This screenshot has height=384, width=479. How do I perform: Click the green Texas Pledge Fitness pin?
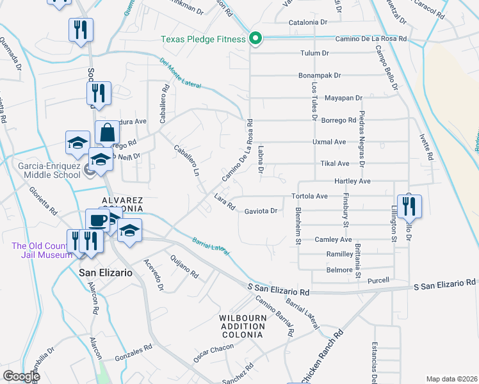(256, 39)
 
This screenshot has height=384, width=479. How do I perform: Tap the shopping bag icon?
(108, 133)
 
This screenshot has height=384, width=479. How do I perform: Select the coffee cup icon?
(97, 221)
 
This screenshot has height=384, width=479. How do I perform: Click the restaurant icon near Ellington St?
(409, 207)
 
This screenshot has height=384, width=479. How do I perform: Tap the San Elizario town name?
(105, 272)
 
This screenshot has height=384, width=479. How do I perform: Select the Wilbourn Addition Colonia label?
(241, 326)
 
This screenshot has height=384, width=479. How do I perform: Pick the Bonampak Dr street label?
(319, 76)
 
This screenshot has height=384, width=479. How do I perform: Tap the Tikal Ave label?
(334, 163)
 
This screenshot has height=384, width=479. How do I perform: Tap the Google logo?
(22, 376)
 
